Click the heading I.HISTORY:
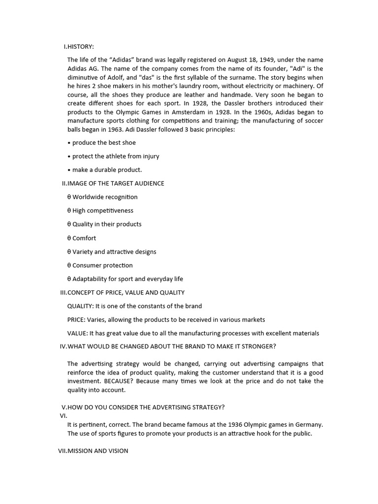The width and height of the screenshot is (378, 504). [x=79, y=47]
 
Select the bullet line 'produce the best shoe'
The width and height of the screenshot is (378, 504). [x=103, y=143]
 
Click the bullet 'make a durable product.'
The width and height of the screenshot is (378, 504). [x=107, y=170]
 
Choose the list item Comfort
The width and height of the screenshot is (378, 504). [x=84, y=238]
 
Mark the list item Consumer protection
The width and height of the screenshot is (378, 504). [x=102, y=265]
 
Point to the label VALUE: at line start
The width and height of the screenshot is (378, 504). [x=77, y=333]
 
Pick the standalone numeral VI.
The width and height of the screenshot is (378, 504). [x=63, y=416]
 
